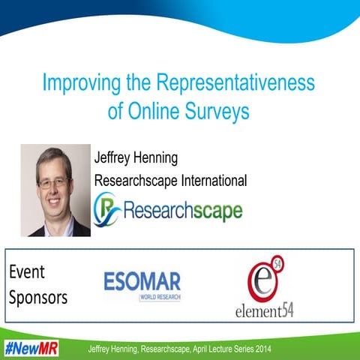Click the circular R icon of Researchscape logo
(x=106, y=208)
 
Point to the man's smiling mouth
(x=55, y=202)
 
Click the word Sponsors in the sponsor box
(x=38, y=297)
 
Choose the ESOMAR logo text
(x=142, y=282)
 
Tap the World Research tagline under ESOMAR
(x=159, y=298)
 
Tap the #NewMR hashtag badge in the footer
(x=31, y=349)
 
